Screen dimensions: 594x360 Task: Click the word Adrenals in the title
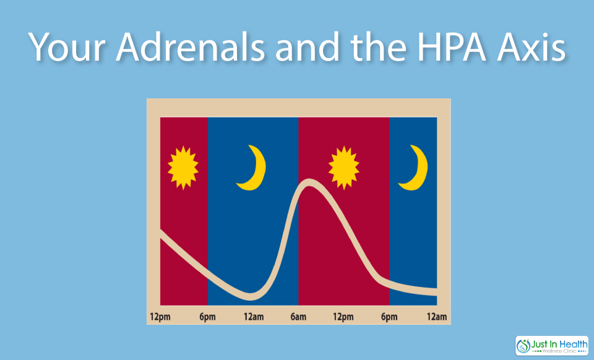(x=190, y=47)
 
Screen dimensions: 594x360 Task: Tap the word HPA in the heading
(x=452, y=47)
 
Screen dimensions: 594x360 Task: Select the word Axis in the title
(x=532, y=47)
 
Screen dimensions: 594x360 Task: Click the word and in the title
(x=308, y=47)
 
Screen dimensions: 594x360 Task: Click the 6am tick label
(x=298, y=317)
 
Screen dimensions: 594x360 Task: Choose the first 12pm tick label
(x=160, y=317)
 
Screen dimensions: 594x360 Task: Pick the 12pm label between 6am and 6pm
(x=343, y=317)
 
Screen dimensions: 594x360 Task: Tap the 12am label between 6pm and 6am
(x=254, y=317)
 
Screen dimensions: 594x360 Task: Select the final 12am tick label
(x=437, y=317)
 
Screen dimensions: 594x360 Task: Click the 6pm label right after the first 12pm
(x=208, y=317)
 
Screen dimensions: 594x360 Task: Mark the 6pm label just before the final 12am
(x=389, y=317)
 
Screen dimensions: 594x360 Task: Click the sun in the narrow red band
(x=183, y=167)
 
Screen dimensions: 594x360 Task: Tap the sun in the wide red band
(x=344, y=167)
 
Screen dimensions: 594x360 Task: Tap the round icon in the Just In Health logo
(x=523, y=346)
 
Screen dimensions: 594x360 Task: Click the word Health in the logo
(x=573, y=345)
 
